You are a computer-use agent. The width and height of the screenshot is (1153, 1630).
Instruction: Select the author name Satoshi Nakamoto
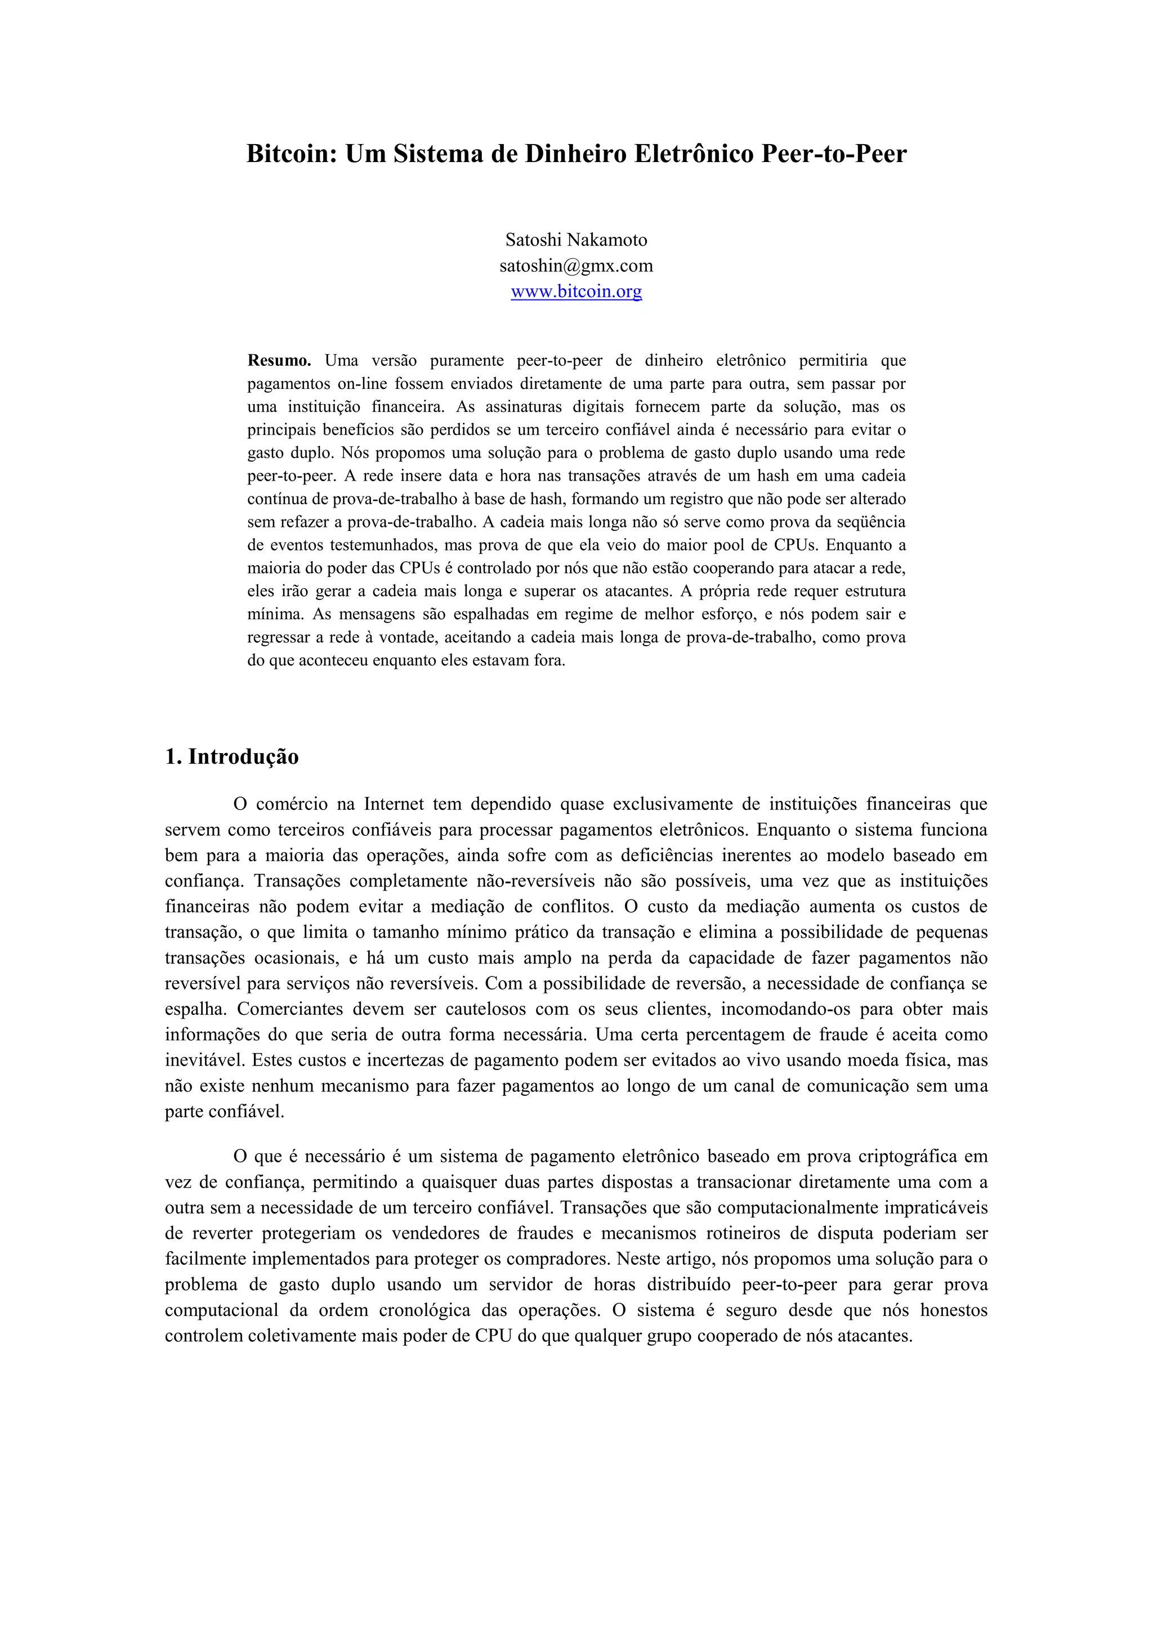pos(576,240)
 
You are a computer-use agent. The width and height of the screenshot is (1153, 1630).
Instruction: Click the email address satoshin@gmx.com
pos(576,266)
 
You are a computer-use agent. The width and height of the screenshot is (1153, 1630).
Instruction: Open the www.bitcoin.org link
pos(576,291)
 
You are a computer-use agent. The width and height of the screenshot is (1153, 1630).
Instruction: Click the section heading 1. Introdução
pos(231,757)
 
